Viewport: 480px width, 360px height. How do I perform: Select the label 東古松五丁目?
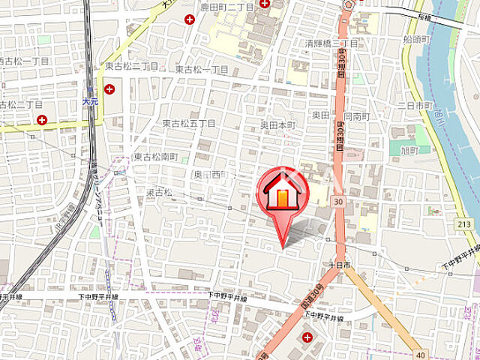(x=188, y=123)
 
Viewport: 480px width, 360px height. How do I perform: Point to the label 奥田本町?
(x=279, y=124)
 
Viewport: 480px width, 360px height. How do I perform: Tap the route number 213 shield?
(x=464, y=224)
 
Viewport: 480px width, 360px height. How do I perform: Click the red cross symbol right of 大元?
(x=109, y=89)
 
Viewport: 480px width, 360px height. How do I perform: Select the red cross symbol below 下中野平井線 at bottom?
(x=307, y=338)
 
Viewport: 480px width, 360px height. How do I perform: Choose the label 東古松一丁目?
(x=202, y=69)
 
